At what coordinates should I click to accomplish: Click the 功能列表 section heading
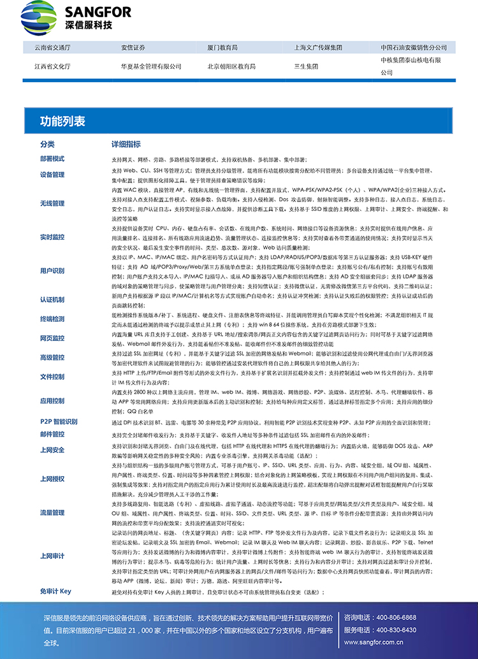pyautogui.click(x=62, y=121)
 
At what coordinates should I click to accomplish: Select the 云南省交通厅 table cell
pyautogui.click(x=52, y=47)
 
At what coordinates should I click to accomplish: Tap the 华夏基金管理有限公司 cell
pyautogui.click(x=150, y=66)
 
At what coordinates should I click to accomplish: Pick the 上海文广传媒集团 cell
pyautogui.click(x=318, y=47)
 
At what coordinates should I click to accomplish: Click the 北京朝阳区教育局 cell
pyautogui.click(x=231, y=66)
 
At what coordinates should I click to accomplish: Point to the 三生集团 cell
pyautogui.click(x=306, y=66)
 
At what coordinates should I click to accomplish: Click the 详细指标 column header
pyautogui.click(x=126, y=144)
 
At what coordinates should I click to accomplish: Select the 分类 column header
pyautogui.click(x=48, y=144)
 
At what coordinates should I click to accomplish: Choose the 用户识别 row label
pyautogui.click(x=52, y=271)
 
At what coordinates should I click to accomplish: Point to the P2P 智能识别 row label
pyautogui.click(x=59, y=422)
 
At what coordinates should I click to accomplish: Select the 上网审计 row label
pyautogui.click(x=52, y=556)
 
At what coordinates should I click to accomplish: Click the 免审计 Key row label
pyautogui.click(x=55, y=591)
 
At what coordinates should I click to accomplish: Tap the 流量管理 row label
pyautogui.click(x=52, y=494)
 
